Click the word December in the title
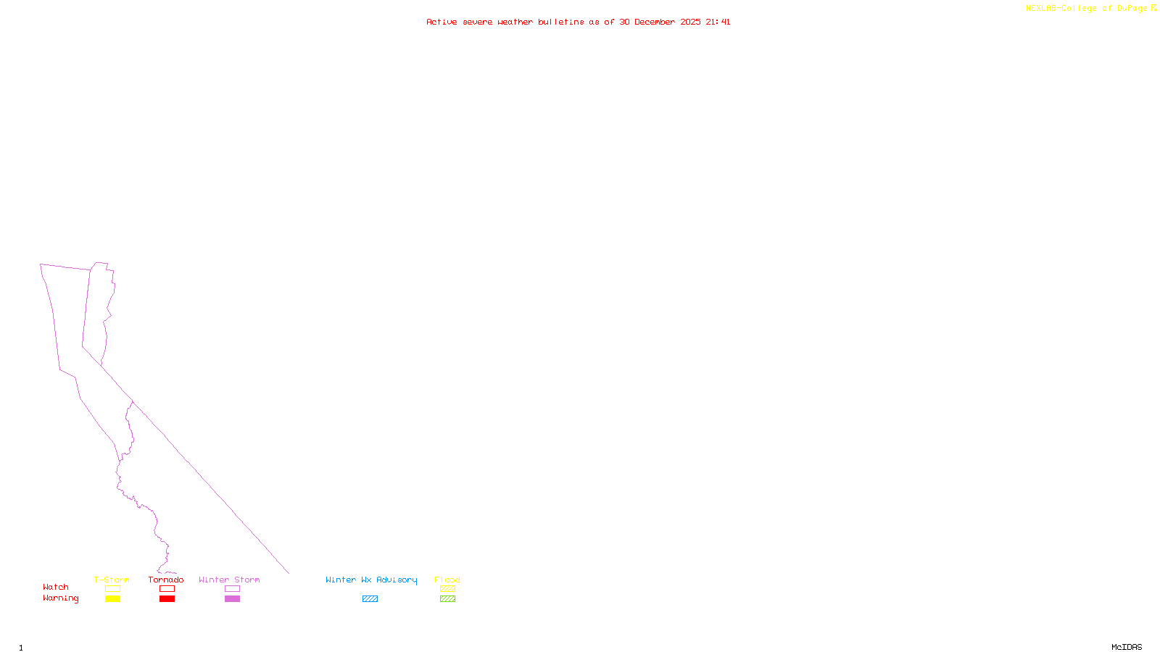[655, 22]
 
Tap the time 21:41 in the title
[718, 22]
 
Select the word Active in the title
[442, 22]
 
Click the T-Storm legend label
[112, 580]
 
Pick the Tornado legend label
[166, 580]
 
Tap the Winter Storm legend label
[229, 580]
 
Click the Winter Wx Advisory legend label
[371, 580]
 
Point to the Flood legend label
[447, 580]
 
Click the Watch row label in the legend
[56, 588]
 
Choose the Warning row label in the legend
[61, 598]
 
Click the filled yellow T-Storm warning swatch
[112, 599]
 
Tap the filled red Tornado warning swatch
[167, 599]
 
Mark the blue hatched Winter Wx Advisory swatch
[370, 599]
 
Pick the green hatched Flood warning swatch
[448, 599]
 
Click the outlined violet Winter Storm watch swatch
[232, 589]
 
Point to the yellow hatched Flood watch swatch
[448, 589]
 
